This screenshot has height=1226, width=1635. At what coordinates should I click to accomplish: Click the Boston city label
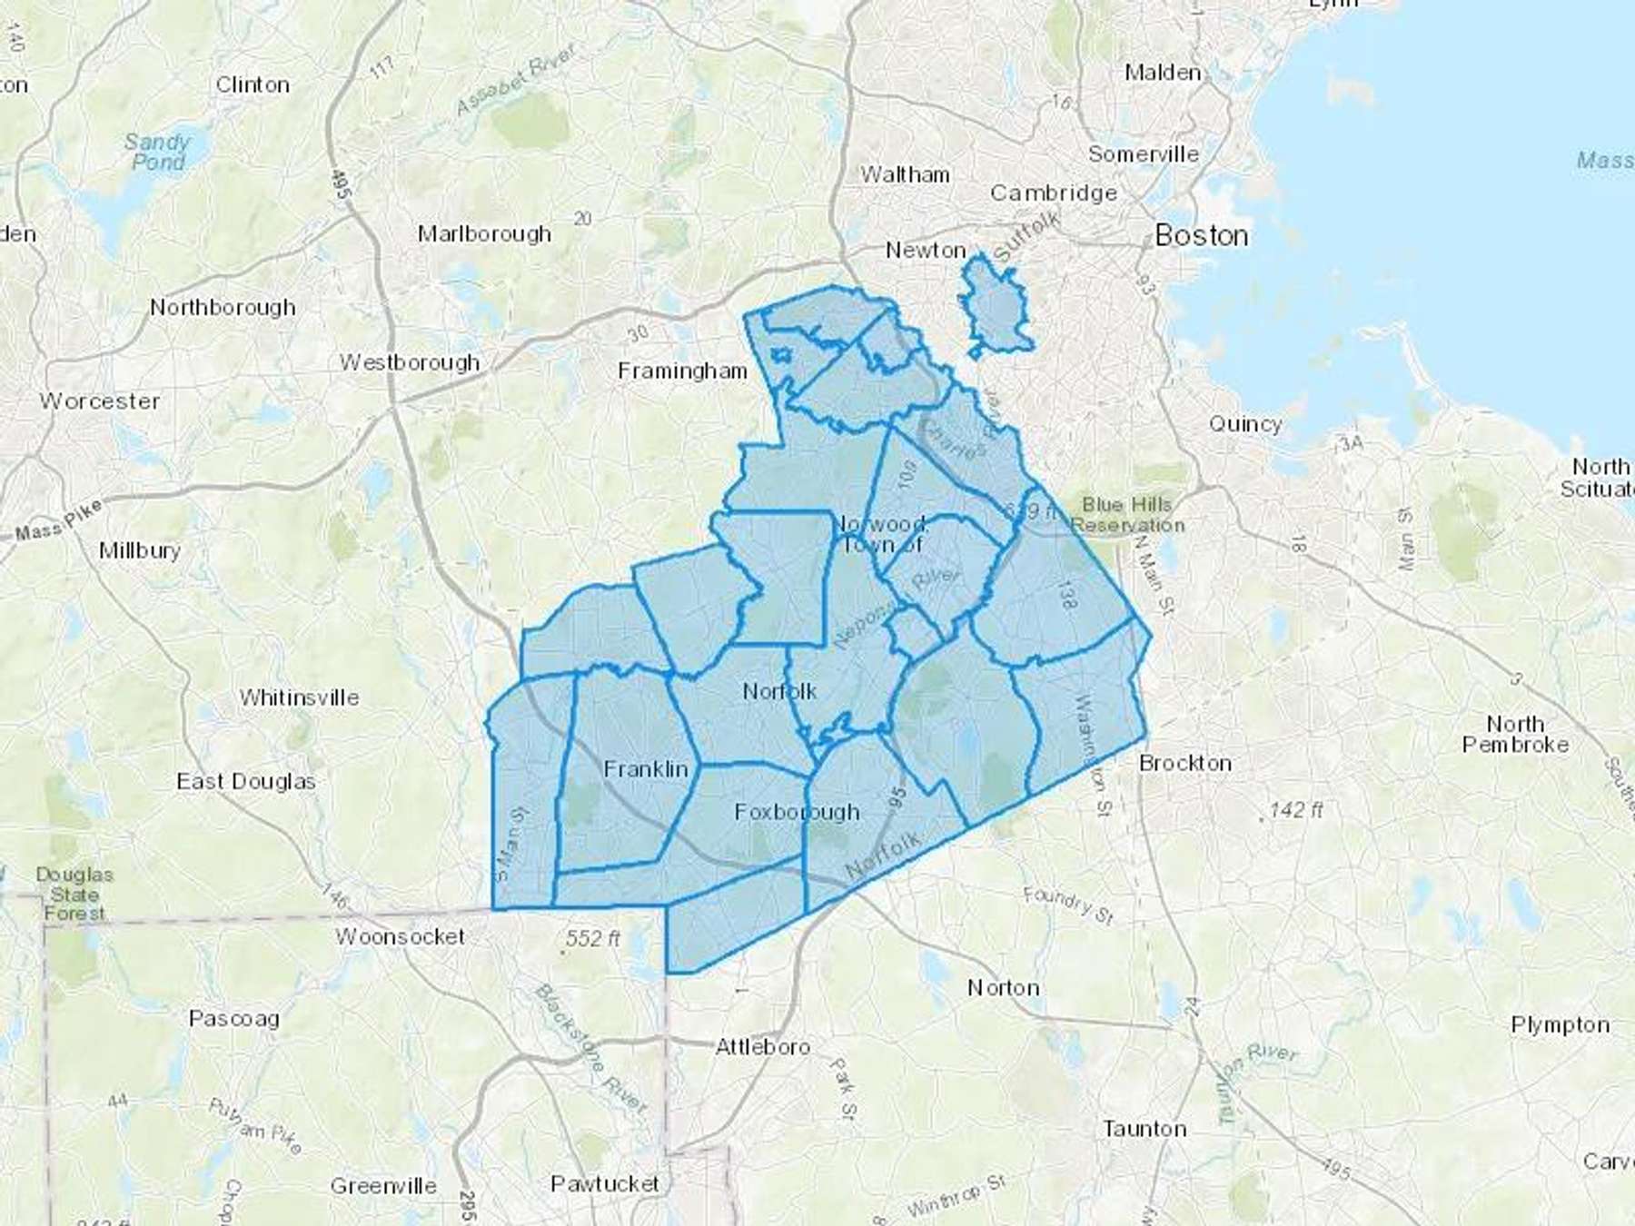click(x=1201, y=236)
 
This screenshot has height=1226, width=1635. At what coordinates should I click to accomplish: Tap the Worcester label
click(x=100, y=400)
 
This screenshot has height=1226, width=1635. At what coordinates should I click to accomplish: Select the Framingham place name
click(x=682, y=371)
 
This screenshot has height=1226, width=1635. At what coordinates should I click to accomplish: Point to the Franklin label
click(x=646, y=769)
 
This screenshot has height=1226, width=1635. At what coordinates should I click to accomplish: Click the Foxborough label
click(x=797, y=812)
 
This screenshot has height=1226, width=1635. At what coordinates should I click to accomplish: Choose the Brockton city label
click(x=1185, y=763)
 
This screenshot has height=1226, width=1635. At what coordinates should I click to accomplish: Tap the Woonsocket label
click(x=400, y=936)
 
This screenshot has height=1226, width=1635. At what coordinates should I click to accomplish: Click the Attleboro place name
click(x=762, y=1046)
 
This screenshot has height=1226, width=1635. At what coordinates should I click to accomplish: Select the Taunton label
click(x=1144, y=1129)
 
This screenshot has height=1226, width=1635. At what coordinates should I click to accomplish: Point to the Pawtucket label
click(x=605, y=1183)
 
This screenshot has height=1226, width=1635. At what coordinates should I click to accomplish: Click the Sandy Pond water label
click(x=157, y=152)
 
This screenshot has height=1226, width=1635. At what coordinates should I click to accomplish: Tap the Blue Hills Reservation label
click(x=1127, y=515)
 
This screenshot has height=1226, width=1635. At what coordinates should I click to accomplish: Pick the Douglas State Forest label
click(x=74, y=894)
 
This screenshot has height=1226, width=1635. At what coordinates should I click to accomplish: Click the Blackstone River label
click(x=591, y=1049)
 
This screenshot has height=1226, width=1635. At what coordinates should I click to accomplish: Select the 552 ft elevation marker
click(x=592, y=937)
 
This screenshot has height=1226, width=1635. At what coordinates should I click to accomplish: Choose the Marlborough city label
click(x=484, y=233)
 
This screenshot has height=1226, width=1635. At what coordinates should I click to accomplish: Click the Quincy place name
click(x=1245, y=423)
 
